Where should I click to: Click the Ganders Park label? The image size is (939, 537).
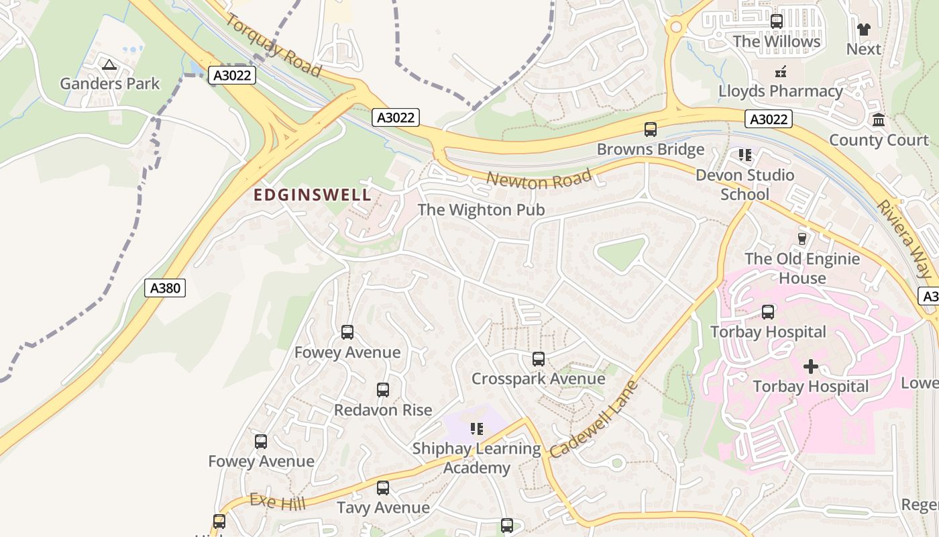pos(109,84)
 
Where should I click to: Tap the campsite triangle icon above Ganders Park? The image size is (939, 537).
pos(109,65)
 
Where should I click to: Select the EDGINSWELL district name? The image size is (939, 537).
pos(312,195)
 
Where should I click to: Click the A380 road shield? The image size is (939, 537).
pos(165,289)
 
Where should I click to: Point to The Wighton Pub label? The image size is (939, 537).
pos(481,210)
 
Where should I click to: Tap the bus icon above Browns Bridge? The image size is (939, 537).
pos(650,130)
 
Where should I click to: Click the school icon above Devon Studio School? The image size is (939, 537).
pos(744,156)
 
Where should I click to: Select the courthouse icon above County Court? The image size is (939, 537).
pos(878,121)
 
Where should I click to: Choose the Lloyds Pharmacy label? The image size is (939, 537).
pos(781,91)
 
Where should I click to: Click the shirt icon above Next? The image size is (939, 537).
pos(863,30)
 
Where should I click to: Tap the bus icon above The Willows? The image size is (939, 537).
pos(776,21)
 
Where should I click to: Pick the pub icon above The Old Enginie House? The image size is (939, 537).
pos(802,239)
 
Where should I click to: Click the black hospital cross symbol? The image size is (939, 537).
pos(811,367)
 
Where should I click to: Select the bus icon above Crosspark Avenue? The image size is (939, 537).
pos(538,359)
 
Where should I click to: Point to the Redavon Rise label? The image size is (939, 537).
pos(383,410)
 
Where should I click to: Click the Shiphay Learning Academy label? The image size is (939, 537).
pos(477,458)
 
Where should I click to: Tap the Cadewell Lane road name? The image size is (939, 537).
pos(593,421)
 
